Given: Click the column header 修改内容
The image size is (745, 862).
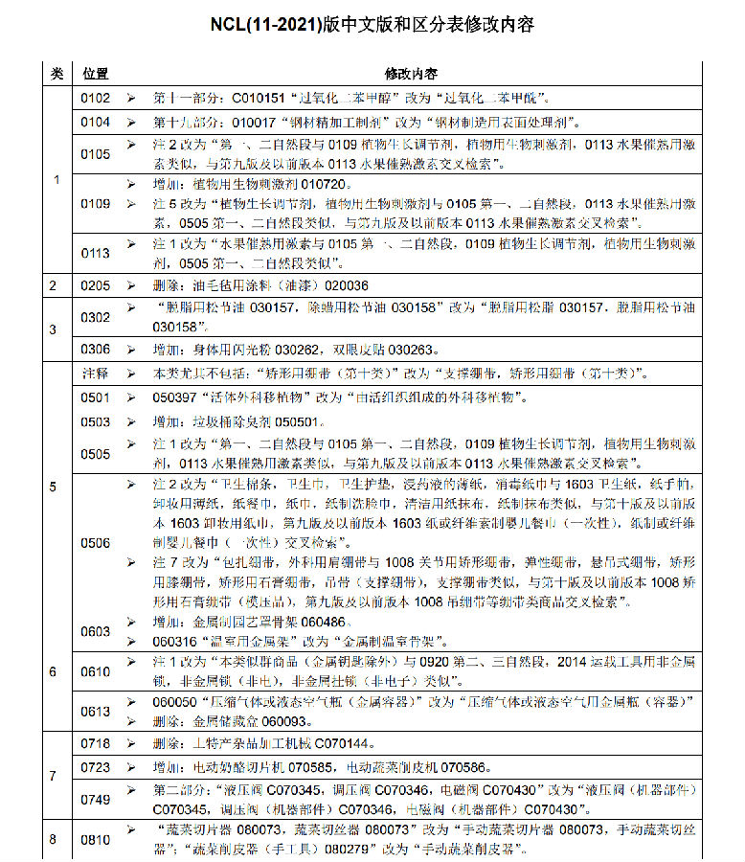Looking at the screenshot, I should [x=412, y=74].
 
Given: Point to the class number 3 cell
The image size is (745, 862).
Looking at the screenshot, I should [x=54, y=329].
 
